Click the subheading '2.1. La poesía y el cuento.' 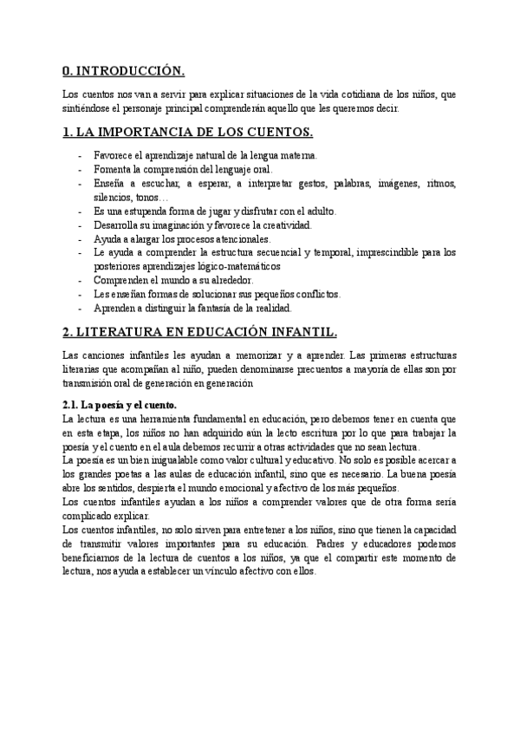(120, 405)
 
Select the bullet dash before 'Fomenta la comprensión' (81, 170)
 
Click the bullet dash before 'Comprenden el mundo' (81, 281)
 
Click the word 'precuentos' (311, 370)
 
